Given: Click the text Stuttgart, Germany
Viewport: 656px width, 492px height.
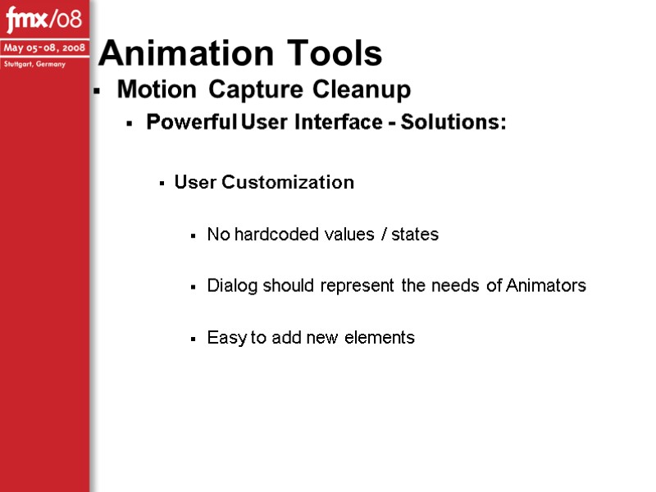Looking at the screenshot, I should (x=33, y=64).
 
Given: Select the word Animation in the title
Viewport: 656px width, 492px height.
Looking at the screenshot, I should (x=171, y=53).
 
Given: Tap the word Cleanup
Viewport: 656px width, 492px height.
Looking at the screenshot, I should (x=359, y=89).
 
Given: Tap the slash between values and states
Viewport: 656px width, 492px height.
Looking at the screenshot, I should (x=382, y=235).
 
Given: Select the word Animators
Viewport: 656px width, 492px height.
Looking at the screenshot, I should (x=546, y=286).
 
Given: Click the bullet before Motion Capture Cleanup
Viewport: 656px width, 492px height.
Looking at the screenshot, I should (x=97, y=90).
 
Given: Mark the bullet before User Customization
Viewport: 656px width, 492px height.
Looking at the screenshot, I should (x=162, y=184).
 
